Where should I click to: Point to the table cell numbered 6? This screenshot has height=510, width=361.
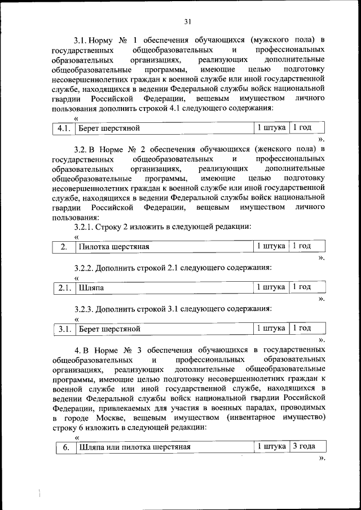point(65,447)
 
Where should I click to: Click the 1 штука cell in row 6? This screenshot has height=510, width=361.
point(271,447)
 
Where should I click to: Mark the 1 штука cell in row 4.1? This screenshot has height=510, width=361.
point(271,128)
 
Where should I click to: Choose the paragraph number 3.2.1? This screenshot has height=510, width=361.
point(86,227)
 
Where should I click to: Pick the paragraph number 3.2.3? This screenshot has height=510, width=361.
point(86,308)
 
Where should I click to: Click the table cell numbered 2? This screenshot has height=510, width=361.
point(64,247)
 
